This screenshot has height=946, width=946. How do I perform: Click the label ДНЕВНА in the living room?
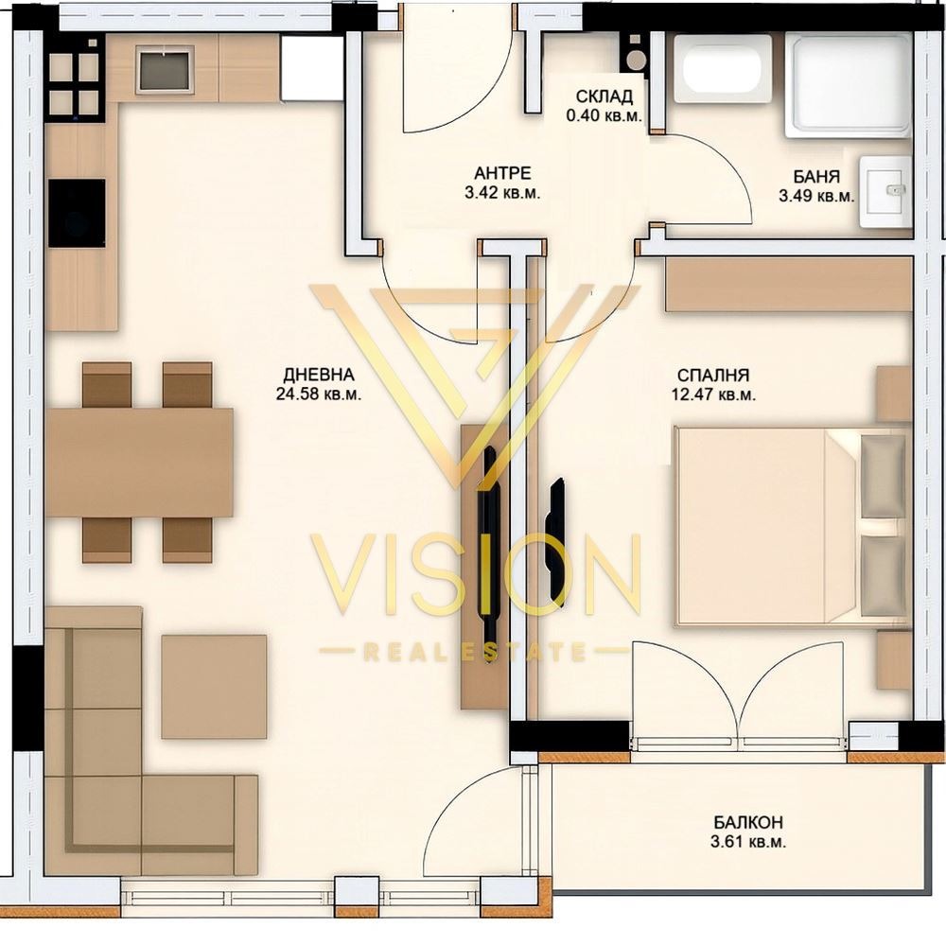point(319,375)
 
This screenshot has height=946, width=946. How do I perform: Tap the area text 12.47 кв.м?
point(713,395)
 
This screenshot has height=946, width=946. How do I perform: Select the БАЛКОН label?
point(748,822)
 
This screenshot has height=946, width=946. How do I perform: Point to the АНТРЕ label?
point(502,174)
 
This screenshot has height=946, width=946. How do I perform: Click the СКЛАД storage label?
point(604,96)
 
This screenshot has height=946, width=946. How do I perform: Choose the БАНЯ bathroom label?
point(816,177)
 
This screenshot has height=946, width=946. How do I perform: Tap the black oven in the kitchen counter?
point(77,213)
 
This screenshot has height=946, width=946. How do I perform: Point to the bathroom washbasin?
point(885,191)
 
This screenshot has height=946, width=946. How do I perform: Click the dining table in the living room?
point(140,463)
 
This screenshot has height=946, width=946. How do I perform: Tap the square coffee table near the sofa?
point(214,686)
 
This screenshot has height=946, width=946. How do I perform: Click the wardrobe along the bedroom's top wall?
point(789,284)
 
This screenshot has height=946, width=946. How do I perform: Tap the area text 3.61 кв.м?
point(748,842)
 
